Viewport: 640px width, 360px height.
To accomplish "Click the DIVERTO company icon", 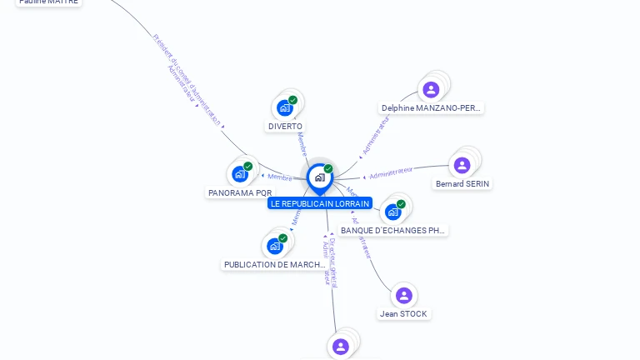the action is [285, 107].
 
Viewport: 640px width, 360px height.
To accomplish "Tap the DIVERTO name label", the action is [285, 127].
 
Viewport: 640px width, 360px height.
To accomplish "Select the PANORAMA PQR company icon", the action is [240, 174].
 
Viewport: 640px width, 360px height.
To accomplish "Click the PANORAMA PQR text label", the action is [240, 193].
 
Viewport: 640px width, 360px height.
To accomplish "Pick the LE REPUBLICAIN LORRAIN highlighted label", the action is [320, 203].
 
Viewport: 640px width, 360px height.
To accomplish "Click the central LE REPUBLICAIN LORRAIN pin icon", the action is [319, 177].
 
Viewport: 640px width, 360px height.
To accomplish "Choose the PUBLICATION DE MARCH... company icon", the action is [275, 246].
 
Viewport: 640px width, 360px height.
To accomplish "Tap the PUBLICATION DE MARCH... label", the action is [275, 265].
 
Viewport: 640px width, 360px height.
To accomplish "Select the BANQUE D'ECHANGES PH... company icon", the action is [393, 212].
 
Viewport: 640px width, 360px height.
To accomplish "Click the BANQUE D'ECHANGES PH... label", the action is [393, 230].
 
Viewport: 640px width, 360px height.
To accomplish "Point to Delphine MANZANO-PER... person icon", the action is [431, 89].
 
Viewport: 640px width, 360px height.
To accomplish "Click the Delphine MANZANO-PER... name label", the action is [431, 108].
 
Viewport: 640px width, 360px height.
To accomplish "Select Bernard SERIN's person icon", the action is [462, 165].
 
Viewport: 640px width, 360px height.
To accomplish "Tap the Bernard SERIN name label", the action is [462, 184].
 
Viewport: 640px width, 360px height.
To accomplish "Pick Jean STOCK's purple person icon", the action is [404, 295].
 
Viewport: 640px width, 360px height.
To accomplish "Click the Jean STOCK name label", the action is [404, 314].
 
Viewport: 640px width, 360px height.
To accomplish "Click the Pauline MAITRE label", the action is [48, 2].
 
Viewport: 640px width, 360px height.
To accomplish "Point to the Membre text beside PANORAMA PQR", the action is [280, 177].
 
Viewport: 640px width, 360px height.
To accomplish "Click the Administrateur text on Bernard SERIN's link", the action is [391, 172].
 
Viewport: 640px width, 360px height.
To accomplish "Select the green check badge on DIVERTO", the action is [292, 100].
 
